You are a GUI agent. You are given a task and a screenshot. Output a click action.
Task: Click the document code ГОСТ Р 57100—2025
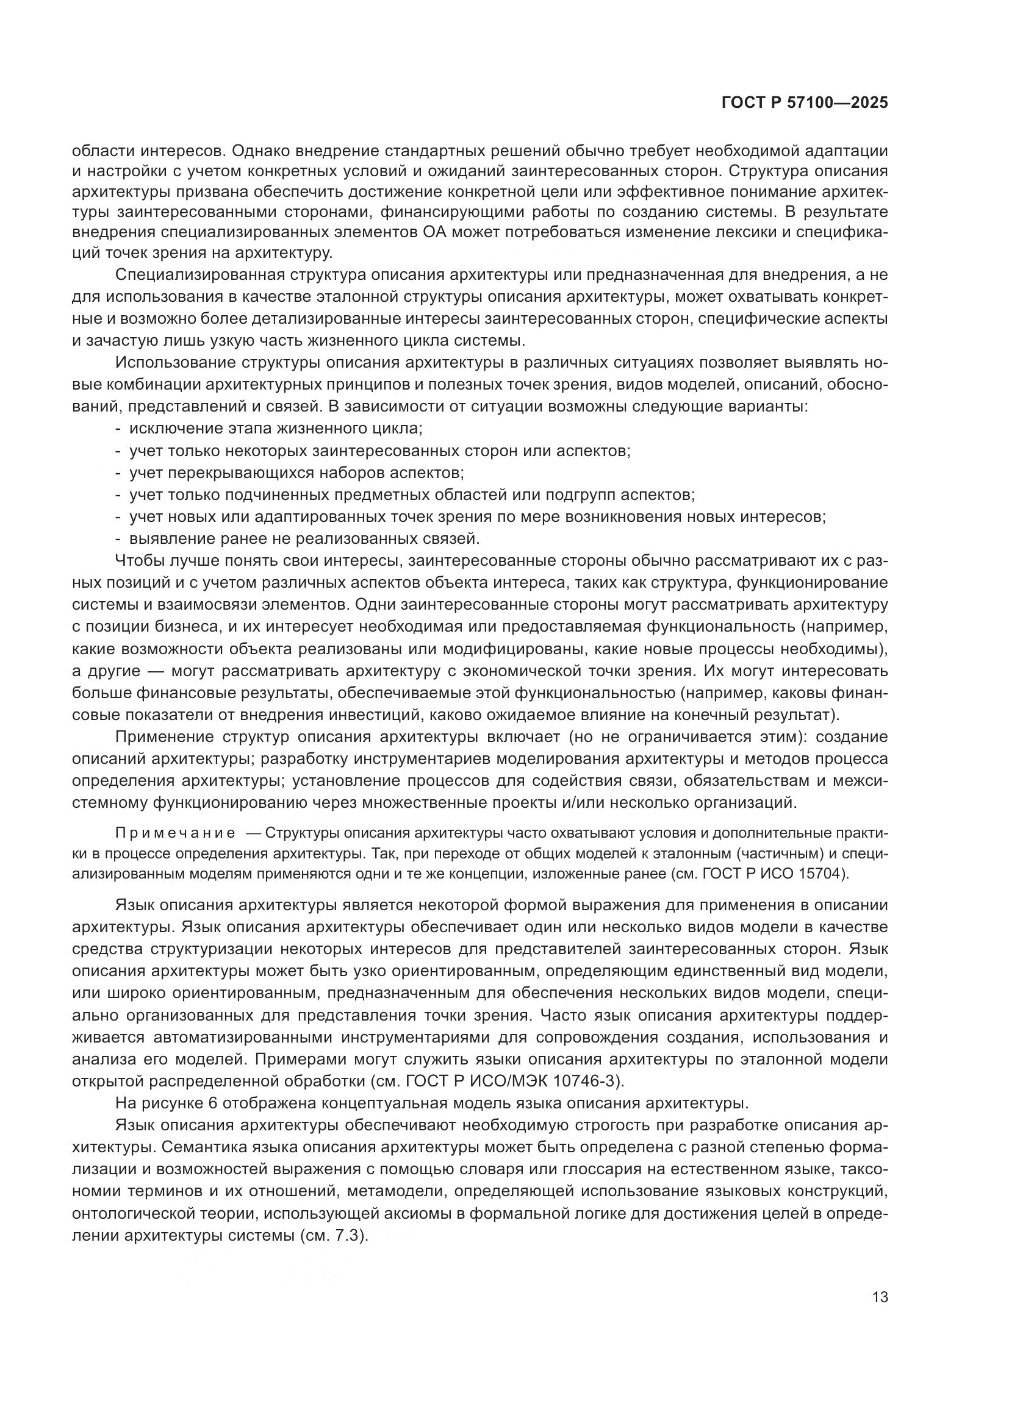[x=805, y=103]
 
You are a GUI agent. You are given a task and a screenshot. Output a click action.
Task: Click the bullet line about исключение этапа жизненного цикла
[x=275, y=429]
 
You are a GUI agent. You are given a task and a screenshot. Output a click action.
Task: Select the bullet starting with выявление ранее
[x=304, y=538]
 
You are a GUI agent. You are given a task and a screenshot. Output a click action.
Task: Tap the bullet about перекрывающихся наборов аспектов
[x=296, y=472]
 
